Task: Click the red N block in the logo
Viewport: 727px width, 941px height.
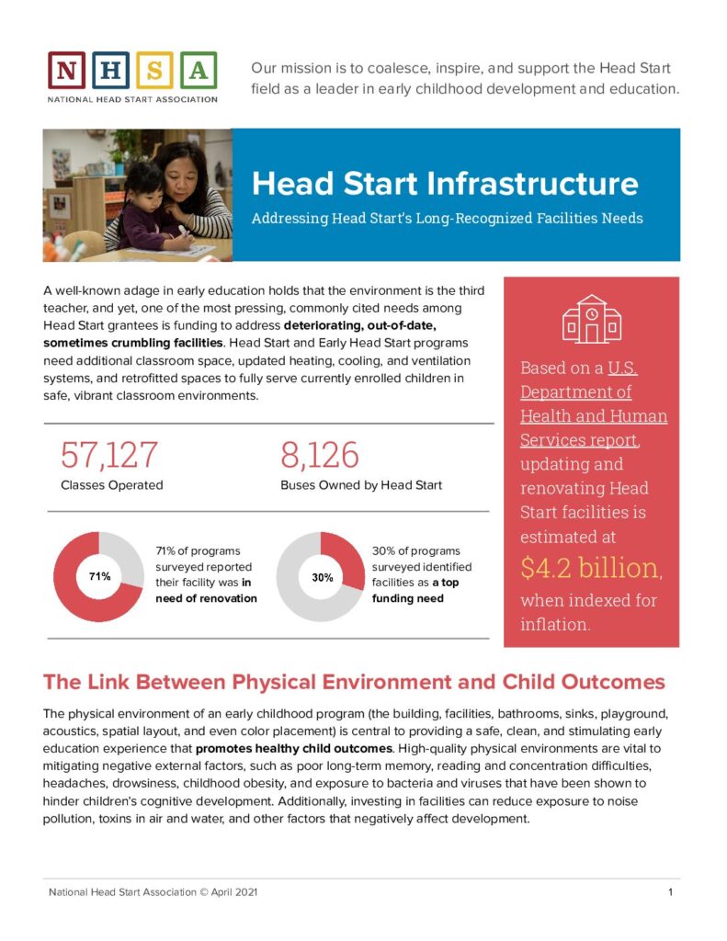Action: (x=66, y=70)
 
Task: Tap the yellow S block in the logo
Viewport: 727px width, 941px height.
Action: (x=158, y=70)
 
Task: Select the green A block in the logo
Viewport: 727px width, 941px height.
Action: (x=201, y=70)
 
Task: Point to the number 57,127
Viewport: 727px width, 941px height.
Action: (x=109, y=456)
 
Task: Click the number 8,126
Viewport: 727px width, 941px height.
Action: (x=319, y=456)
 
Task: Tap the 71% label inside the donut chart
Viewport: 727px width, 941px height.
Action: (x=98, y=576)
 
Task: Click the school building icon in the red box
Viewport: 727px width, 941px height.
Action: (x=592, y=319)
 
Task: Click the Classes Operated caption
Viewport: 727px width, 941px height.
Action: (x=112, y=485)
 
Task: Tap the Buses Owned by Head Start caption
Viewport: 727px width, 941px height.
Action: (x=361, y=485)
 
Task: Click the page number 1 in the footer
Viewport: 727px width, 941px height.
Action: (x=673, y=892)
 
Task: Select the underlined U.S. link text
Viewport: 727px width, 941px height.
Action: (x=622, y=368)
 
